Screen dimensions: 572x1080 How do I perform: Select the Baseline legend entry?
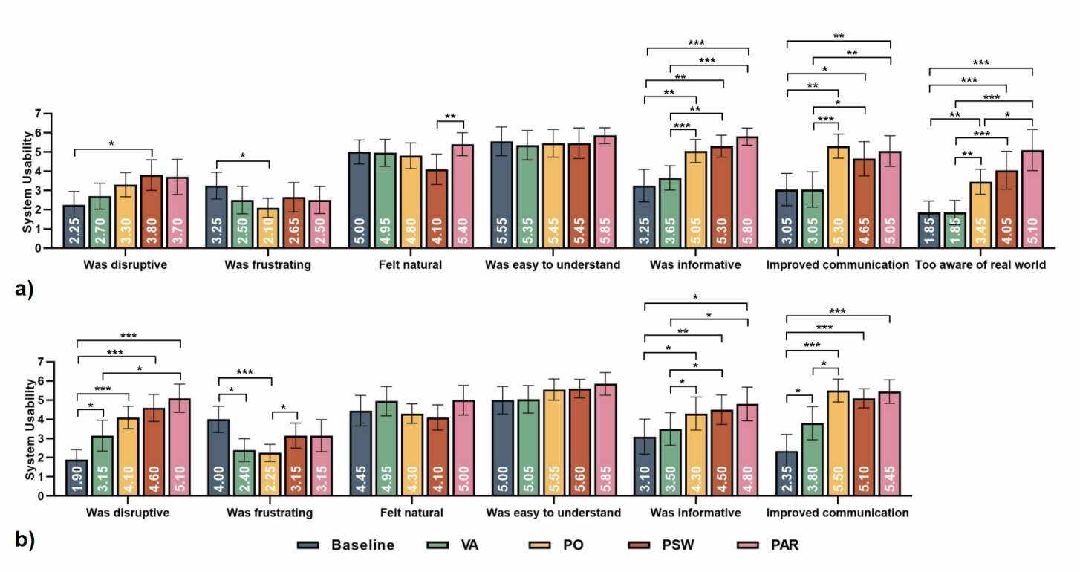point(346,545)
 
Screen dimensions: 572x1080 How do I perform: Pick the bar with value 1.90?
point(77,478)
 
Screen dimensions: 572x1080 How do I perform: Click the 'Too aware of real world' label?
point(980,264)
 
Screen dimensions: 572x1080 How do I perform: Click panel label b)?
point(25,540)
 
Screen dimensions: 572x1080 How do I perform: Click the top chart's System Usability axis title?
point(27,181)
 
